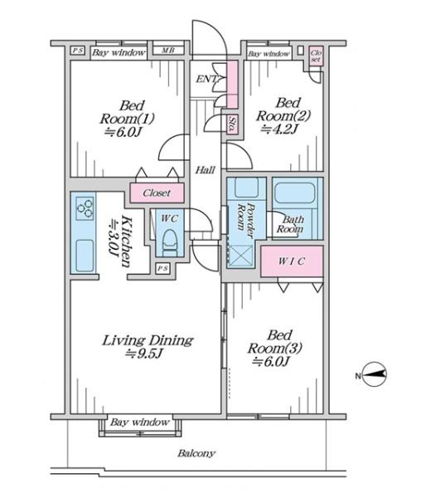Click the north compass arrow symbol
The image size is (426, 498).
coord(374,375)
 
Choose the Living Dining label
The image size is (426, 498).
coord(148,346)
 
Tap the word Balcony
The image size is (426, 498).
coord(196,453)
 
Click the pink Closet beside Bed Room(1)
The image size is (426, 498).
coord(157,193)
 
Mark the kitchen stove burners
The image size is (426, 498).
coord(84,209)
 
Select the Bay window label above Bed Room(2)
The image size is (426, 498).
coord(269,54)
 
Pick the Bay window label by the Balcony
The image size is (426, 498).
coord(139,422)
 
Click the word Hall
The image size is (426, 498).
coord(206,171)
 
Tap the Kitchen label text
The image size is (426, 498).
coord(121,242)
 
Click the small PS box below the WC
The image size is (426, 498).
coord(162,268)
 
